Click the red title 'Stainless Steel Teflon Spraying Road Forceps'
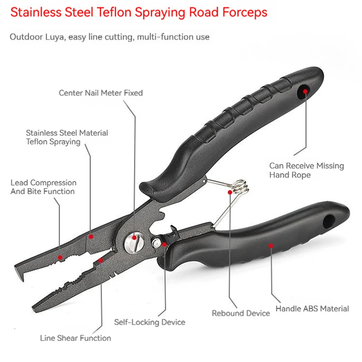click(x=138, y=12)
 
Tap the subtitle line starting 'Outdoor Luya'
click(x=110, y=37)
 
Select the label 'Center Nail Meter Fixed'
click(x=100, y=93)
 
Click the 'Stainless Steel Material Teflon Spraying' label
click(x=67, y=137)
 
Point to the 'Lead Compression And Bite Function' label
click(x=43, y=187)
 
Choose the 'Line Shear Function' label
click(x=75, y=338)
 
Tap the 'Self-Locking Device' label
click(x=150, y=322)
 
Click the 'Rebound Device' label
click(x=241, y=313)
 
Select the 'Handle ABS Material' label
click(x=312, y=309)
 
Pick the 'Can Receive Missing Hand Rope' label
click(x=306, y=170)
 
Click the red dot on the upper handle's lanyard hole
click(x=305, y=91)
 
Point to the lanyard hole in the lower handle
click(x=329, y=221)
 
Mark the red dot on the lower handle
click(x=271, y=246)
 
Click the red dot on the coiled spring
click(x=230, y=192)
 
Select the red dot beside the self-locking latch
click(x=165, y=244)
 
